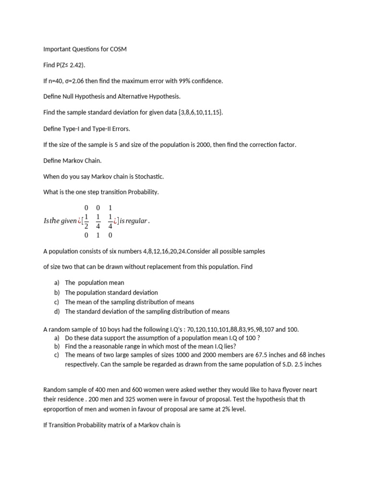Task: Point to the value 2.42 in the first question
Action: [x=76, y=65]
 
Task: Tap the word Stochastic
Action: [x=143, y=176]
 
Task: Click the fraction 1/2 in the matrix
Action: [x=86, y=221]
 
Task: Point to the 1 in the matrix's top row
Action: [x=110, y=208]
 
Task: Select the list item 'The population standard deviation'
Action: [x=111, y=292]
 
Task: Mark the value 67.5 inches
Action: [x=280, y=355]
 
